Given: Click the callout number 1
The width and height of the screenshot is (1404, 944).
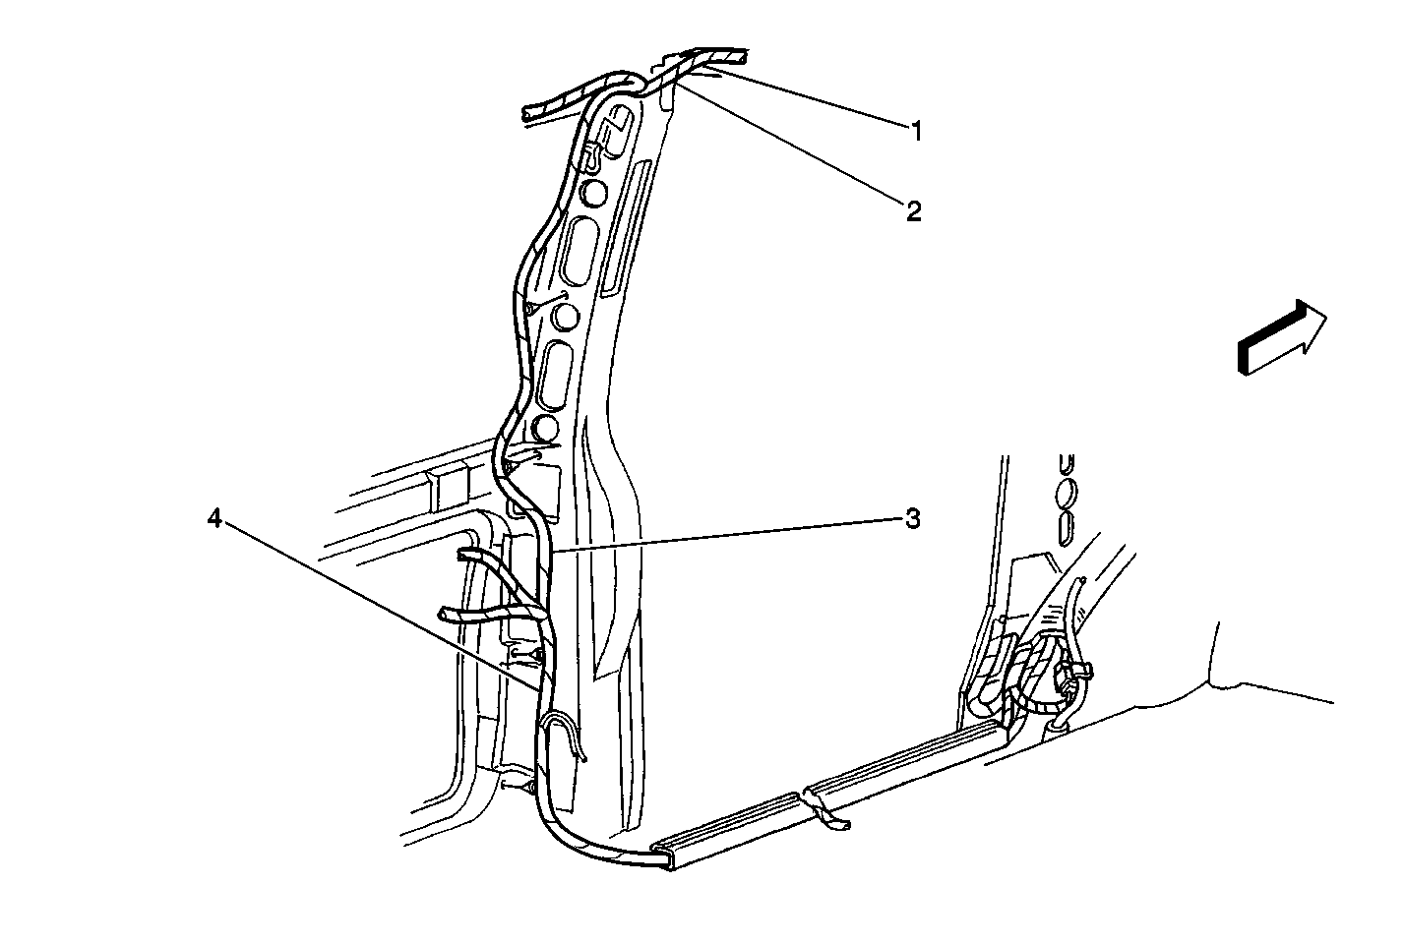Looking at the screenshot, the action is [x=916, y=132].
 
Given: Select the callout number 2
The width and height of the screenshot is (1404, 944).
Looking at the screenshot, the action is [x=914, y=211].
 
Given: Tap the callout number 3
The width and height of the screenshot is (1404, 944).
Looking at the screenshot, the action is [x=913, y=519].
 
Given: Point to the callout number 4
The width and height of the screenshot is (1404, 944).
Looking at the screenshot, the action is [x=215, y=518].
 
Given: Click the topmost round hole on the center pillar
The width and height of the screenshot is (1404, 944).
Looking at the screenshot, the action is [x=592, y=194].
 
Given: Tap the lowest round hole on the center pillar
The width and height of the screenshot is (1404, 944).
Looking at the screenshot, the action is [x=545, y=428].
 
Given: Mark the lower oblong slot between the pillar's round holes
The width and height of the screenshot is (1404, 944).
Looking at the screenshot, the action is [x=556, y=376].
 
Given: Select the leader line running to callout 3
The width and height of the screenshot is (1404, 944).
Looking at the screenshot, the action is [x=728, y=534].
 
